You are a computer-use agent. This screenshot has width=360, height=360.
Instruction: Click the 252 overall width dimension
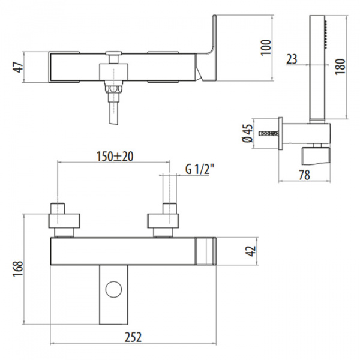pos(133,337)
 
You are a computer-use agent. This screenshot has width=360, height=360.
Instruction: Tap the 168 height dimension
pos(17,268)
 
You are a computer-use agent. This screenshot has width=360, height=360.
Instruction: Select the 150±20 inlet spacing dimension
pos(115,157)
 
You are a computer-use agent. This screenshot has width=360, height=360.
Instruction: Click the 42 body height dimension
pos(250,251)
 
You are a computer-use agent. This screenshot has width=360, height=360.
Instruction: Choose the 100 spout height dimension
pos(266,47)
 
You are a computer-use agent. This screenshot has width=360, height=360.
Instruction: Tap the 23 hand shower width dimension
pos(292,59)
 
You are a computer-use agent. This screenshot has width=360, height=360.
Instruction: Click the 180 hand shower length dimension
pos(340,67)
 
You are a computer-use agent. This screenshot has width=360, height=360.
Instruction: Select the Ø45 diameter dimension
pos(247,133)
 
